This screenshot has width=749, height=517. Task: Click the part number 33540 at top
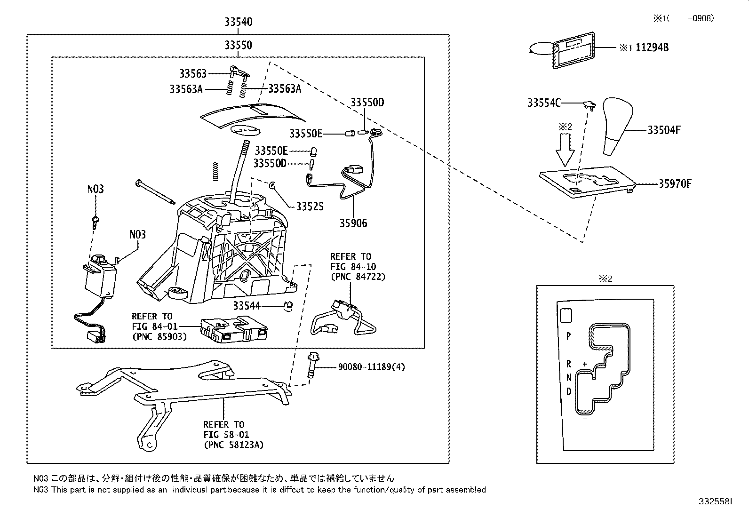click(238, 22)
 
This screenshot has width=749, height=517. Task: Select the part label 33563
click(192, 73)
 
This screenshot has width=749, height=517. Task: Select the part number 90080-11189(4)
click(371, 367)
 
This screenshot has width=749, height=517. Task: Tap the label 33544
click(247, 306)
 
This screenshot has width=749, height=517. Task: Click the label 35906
click(353, 223)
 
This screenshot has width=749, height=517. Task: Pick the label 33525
click(310, 206)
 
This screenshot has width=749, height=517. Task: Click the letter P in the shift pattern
click(568, 336)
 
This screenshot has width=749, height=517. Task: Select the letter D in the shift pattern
click(569, 391)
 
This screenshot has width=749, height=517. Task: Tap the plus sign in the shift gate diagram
click(585, 364)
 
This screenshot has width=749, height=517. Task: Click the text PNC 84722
click(358, 277)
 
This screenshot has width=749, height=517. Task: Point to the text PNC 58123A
click(233, 445)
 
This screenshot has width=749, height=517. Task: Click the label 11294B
click(652, 48)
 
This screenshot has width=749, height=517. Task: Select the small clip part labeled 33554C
click(588, 104)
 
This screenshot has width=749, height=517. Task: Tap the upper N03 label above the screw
click(96, 189)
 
